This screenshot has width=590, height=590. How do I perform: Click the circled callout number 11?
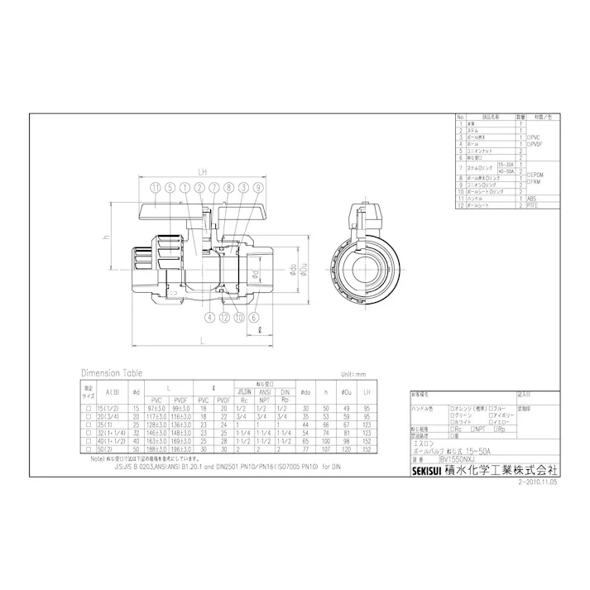(156, 188)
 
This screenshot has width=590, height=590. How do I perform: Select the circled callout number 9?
(258, 188)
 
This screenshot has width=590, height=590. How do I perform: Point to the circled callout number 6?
(252, 317)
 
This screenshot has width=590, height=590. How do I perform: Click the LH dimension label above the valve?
(201, 172)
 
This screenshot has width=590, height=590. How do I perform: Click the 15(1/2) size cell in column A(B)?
(107, 409)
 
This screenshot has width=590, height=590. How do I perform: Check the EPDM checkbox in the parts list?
(527, 175)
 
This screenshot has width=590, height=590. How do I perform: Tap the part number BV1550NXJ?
(460, 458)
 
